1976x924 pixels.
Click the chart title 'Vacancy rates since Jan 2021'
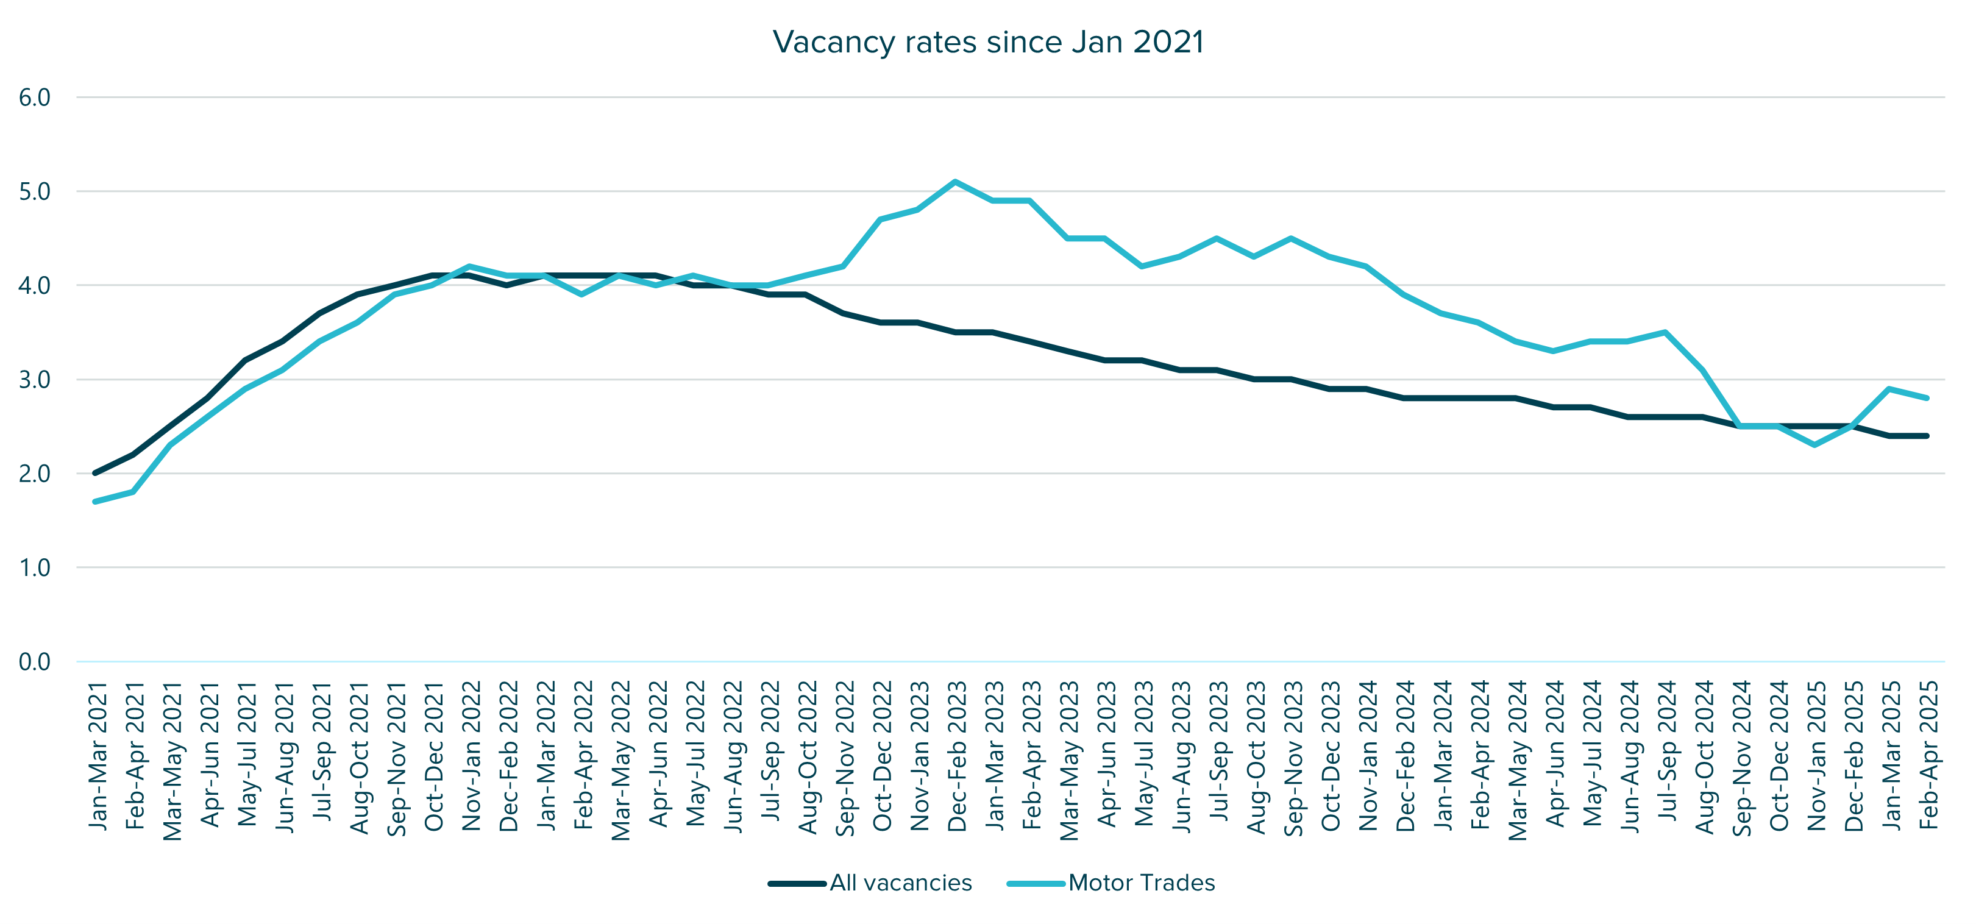[x=988, y=42]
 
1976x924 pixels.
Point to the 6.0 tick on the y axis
[x=35, y=98]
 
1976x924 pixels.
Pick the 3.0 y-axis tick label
[x=35, y=380]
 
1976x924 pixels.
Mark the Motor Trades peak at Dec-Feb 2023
[x=955, y=182]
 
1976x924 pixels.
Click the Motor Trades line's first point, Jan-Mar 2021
[x=95, y=502]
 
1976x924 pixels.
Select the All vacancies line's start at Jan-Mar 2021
[x=95, y=473]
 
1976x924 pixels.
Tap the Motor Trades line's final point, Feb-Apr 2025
[x=1927, y=398]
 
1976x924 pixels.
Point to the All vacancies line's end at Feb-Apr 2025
[x=1927, y=436]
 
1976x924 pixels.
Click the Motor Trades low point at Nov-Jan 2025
[x=1815, y=445]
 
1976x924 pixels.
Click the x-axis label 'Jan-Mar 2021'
[x=98, y=756]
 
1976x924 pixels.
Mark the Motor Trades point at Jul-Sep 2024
[x=1665, y=332]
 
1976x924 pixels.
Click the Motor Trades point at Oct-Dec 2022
[x=880, y=219]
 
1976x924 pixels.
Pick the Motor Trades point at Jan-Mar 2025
[x=1889, y=389]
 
